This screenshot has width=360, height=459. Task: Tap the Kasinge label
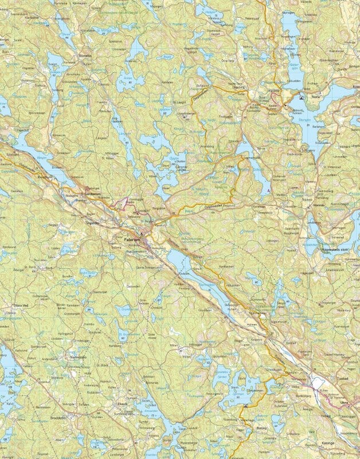coord(328,443)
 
